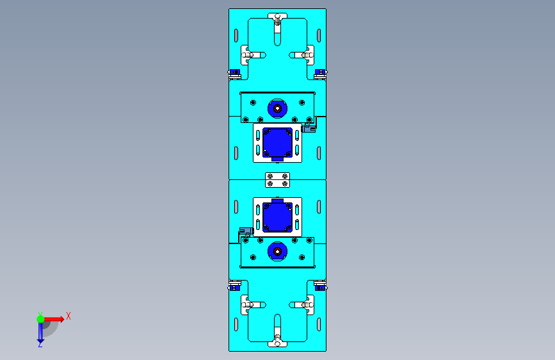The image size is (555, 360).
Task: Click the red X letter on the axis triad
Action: click(68, 316)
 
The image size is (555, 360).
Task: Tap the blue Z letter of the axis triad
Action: click(40, 345)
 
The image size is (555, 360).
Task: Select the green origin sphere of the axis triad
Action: click(41, 319)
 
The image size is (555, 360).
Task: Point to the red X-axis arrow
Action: click(54, 319)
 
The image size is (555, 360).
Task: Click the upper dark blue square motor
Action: click(278, 143)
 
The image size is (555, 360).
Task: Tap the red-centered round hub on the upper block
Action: click(278, 108)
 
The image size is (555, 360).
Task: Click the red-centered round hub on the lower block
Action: click(278, 252)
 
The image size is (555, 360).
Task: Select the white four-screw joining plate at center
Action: click(278, 180)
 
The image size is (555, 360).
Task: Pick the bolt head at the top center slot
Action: click(278, 19)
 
